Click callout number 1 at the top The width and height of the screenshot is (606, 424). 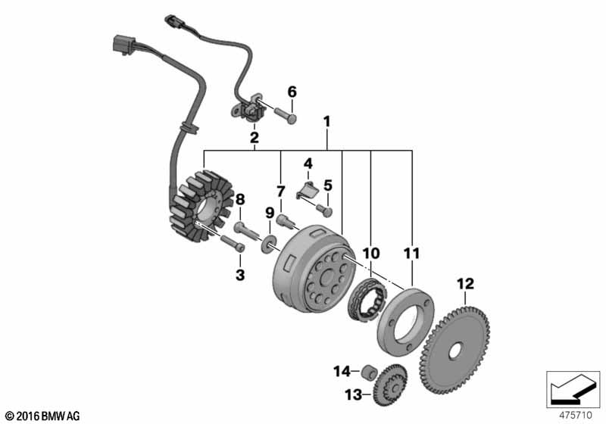click(327, 120)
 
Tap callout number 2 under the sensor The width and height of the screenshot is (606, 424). click(255, 138)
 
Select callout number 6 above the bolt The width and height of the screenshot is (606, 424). click(292, 92)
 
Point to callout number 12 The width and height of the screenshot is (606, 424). click(464, 284)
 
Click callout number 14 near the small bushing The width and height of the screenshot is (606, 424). click(341, 371)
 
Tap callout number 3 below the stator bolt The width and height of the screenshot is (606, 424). click(240, 276)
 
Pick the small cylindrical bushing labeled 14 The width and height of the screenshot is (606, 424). click(368, 372)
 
